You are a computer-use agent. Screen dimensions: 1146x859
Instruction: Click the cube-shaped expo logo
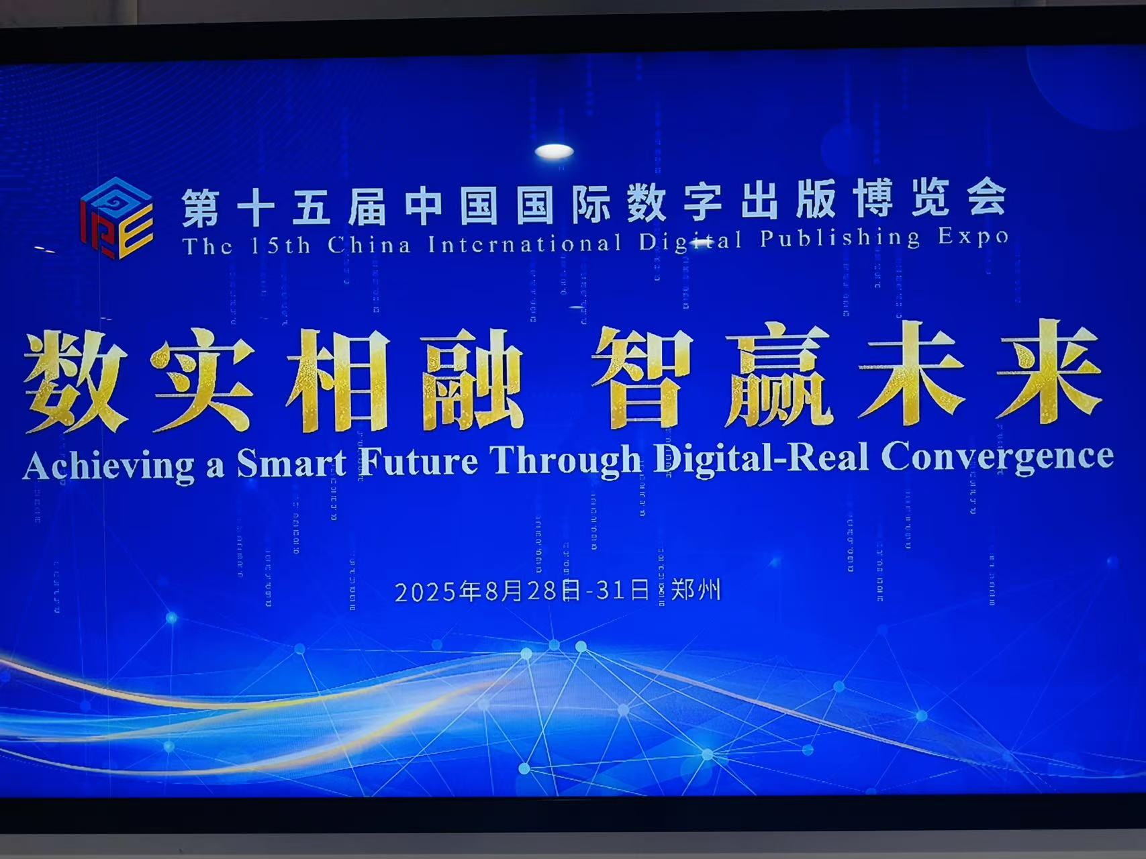pyautogui.click(x=117, y=218)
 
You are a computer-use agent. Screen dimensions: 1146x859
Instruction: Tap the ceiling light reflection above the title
pyautogui.click(x=555, y=152)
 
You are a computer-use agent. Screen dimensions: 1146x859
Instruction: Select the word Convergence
pyautogui.click(x=997, y=456)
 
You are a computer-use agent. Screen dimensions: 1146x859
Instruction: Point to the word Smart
pyautogui.click(x=292, y=462)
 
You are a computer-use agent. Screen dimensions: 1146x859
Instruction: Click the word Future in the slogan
pyautogui.click(x=418, y=461)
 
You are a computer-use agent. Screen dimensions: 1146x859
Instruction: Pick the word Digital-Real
pyautogui.click(x=761, y=458)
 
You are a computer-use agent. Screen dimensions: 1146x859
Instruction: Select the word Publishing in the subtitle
pyautogui.click(x=840, y=238)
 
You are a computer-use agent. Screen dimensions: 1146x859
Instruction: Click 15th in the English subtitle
pyautogui.click(x=280, y=245)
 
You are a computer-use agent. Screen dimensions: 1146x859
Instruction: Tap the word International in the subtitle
pyautogui.click(x=525, y=243)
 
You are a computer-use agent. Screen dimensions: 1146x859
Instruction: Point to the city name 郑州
pyautogui.click(x=696, y=590)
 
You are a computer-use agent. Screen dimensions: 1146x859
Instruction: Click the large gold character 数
pyautogui.click(x=76, y=381)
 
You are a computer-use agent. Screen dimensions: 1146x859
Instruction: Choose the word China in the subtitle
pyautogui.click(x=369, y=244)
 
